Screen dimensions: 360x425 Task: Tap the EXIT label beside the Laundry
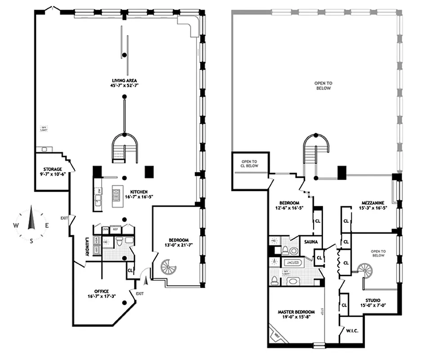tap(64, 218)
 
